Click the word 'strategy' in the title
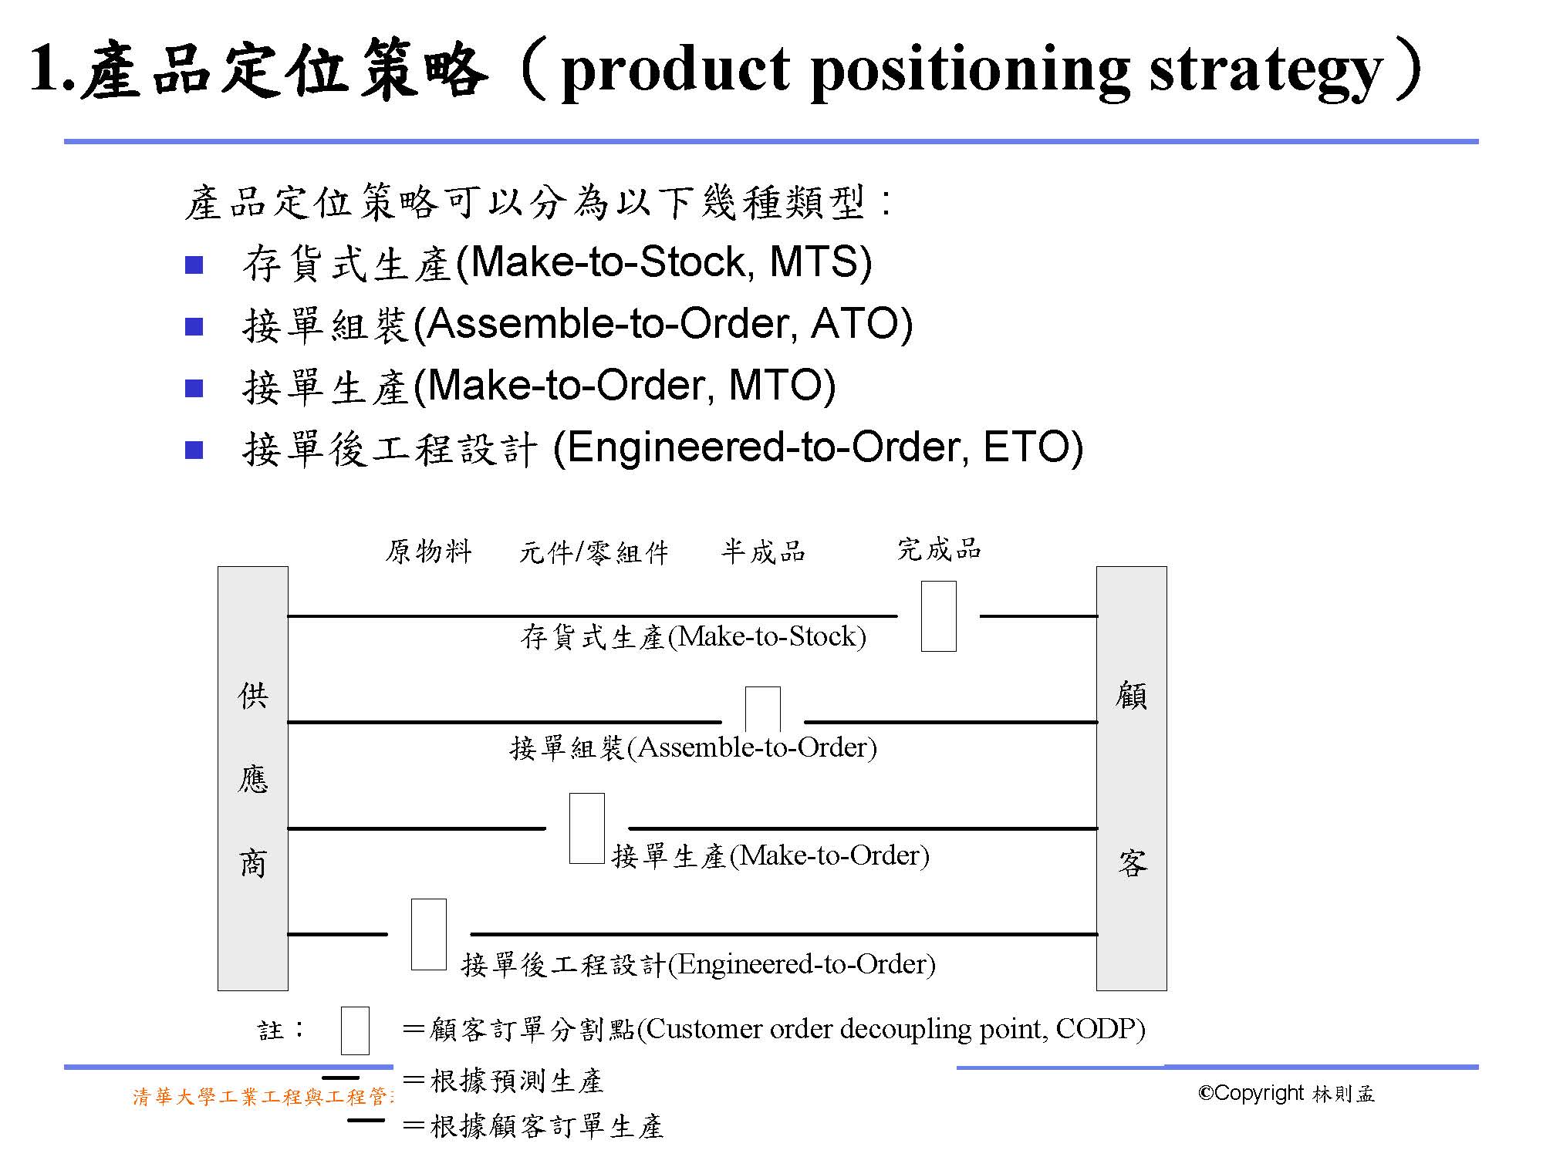tap(1265, 71)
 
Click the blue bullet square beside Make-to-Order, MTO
tap(194, 388)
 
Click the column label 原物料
tap(428, 552)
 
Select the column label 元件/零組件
tap(593, 552)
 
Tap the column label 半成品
tap(763, 552)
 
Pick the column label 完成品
tap(939, 549)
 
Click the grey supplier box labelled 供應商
tap(253, 778)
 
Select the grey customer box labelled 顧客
tap(1132, 778)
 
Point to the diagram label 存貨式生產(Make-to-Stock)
tap(694, 637)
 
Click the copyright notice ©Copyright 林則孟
tap(1286, 1094)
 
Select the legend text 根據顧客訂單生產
tap(547, 1127)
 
